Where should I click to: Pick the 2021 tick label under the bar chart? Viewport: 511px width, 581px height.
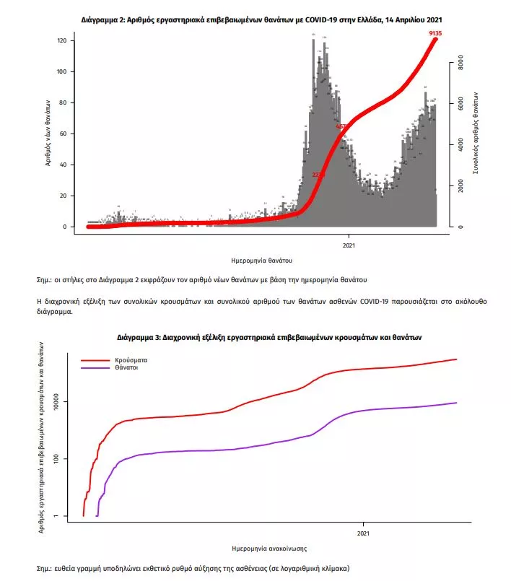coord(349,243)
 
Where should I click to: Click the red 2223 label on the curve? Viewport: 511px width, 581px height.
coord(319,175)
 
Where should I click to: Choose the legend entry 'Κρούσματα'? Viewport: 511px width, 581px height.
coord(130,359)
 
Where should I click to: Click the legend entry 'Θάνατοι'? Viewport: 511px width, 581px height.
coord(126,367)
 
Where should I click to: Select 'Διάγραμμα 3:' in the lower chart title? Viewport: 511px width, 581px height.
coord(141,337)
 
